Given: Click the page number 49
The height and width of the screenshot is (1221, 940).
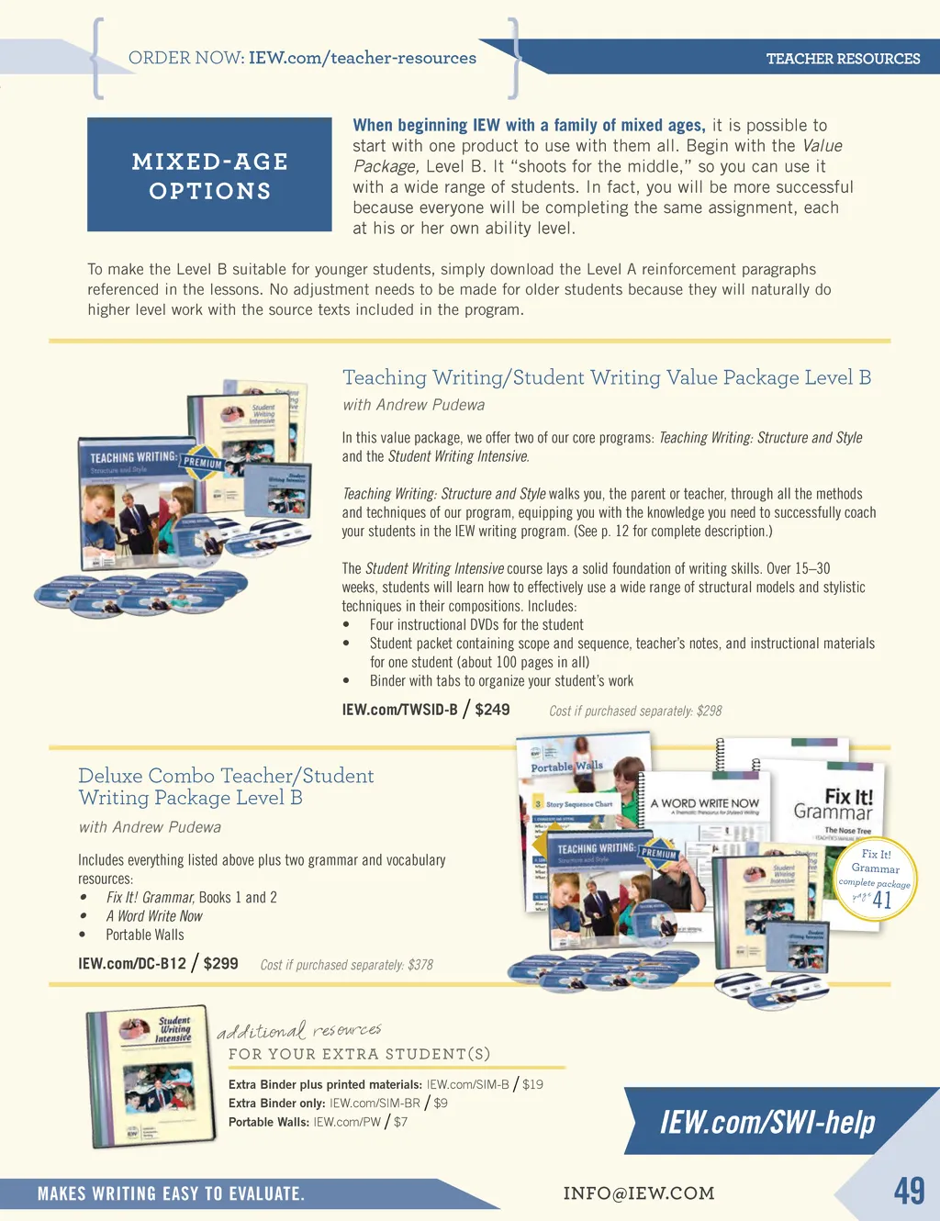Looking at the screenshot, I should tap(909, 1191).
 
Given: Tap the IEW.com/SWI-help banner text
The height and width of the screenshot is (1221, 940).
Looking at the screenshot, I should tap(767, 1122).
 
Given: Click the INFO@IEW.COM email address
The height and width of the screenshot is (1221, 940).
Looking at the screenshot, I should tap(638, 1193).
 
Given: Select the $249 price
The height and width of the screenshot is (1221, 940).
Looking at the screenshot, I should tap(492, 710).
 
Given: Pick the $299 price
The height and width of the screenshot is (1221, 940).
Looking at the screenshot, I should tap(220, 963).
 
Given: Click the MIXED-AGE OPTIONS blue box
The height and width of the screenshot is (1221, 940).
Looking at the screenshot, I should tap(209, 175).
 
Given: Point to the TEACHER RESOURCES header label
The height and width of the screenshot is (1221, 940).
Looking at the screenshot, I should tap(843, 59).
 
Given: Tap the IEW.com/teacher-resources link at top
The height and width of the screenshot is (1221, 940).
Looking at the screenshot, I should tap(362, 58).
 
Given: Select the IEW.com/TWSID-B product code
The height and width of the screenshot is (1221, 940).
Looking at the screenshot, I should tap(399, 710).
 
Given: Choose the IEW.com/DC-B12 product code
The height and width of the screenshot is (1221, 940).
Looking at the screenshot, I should tap(132, 964).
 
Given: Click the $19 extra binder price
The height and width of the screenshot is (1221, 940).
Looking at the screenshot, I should tap(532, 1084).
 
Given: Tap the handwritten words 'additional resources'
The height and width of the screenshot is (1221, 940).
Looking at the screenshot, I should tap(298, 1031).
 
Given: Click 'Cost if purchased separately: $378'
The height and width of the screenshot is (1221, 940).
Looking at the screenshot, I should tap(346, 965).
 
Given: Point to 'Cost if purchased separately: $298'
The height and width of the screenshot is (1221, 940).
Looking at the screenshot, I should tap(635, 711).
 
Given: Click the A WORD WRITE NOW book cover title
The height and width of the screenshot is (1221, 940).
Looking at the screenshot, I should tap(704, 803).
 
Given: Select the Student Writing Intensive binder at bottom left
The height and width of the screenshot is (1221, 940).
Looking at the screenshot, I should tap(151, 1076).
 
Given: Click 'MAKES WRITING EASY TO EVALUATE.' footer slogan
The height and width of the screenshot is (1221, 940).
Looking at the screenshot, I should tap(171, 1193).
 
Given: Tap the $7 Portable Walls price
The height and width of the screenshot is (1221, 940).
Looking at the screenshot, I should tap(400, 1122).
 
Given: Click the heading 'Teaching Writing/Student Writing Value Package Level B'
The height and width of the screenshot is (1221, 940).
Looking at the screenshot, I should tap(606, 377).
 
